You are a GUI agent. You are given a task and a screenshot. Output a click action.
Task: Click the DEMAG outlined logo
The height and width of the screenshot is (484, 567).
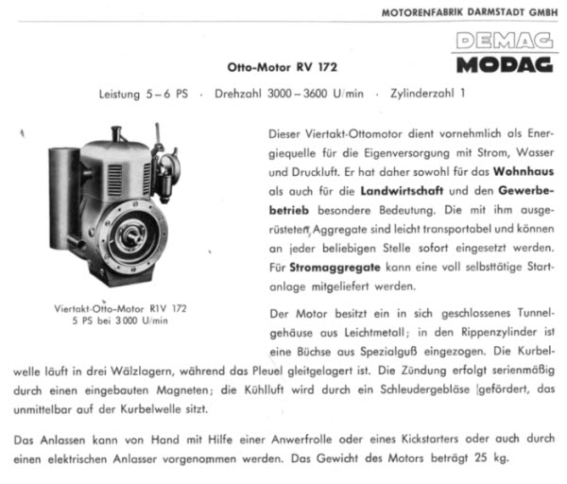coord(505,42)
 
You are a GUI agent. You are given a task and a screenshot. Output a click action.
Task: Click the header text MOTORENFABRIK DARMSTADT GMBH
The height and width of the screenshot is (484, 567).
coord(470,12)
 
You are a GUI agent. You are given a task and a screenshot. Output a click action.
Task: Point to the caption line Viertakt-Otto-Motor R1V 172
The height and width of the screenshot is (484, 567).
coord(122,308)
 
